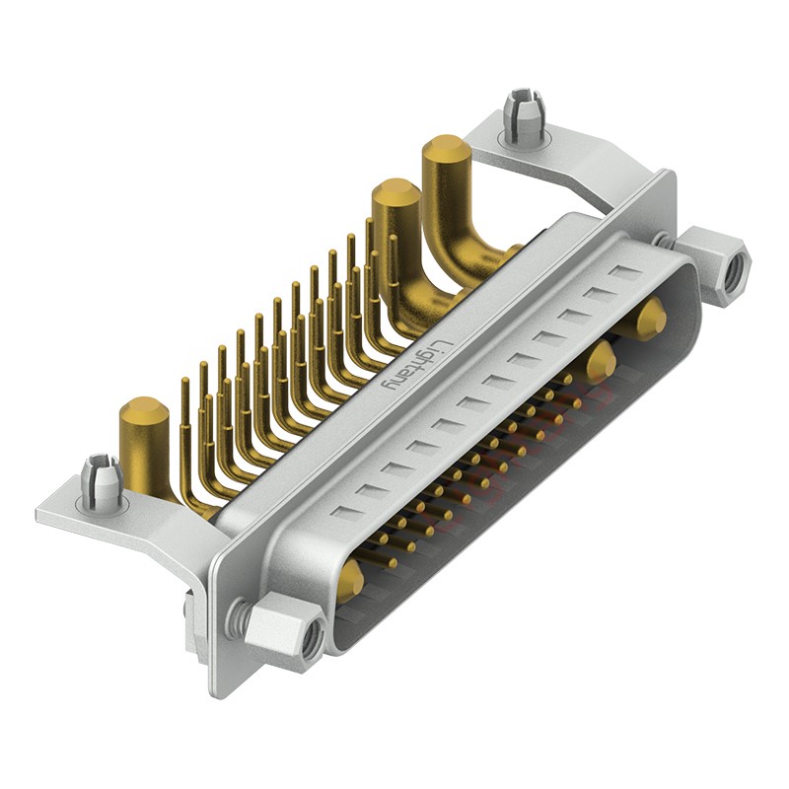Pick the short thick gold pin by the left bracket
pyautogui.click(x=144, y=434)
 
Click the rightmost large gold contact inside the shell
pyautogui.click(x=650, y=321)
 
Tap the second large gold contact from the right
pyautogui.click(x=600, y=362)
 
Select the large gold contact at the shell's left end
pyautogui.click(x=349, y=584)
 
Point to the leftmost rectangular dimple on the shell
pyautogui.click(x=341, y=512)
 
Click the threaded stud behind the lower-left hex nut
pyautogui.click(x=237, y=618)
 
